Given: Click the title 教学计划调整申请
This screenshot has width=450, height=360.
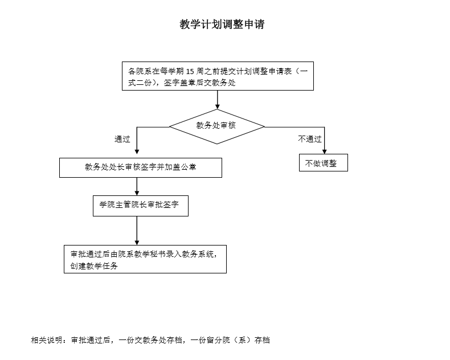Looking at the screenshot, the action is [x=222, y=24].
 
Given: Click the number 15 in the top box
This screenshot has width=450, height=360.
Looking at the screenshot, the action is [x=190, y=71].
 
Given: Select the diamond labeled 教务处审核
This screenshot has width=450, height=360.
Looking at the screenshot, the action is [x=217, y=126].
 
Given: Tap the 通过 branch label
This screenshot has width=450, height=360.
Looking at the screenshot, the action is [x=122, y=139].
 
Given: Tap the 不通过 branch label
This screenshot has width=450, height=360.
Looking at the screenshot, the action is [x=310, y=139].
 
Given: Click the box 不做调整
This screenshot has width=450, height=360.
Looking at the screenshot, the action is [x=324, y=163].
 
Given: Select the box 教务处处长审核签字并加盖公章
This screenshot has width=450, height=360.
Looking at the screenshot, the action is [x=141, y=167].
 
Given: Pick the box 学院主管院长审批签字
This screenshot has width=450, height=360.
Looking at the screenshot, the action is [x=141, y=206].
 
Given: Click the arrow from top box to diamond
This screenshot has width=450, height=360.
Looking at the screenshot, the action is [x=217, y=100].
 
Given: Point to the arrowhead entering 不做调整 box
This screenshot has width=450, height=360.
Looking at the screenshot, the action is [x=325, y=152].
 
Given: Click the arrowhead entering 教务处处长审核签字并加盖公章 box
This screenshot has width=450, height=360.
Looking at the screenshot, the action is [x=137, y=152].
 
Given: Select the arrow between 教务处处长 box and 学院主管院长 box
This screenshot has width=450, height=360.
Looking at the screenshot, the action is [x=137, y=187].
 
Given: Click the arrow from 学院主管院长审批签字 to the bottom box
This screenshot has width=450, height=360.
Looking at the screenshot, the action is [x=137, y=231].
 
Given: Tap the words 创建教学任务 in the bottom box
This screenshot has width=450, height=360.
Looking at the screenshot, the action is [x=94, y=266].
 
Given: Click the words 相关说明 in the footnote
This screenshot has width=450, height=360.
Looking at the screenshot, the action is [x=47, y=340].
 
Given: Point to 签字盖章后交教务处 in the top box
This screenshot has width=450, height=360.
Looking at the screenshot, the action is [x=199, y=83].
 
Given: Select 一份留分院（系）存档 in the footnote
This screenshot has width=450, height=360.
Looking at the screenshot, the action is [x=230, y=340].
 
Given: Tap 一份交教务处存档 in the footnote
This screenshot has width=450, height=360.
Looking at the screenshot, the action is [x=150, y=340].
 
